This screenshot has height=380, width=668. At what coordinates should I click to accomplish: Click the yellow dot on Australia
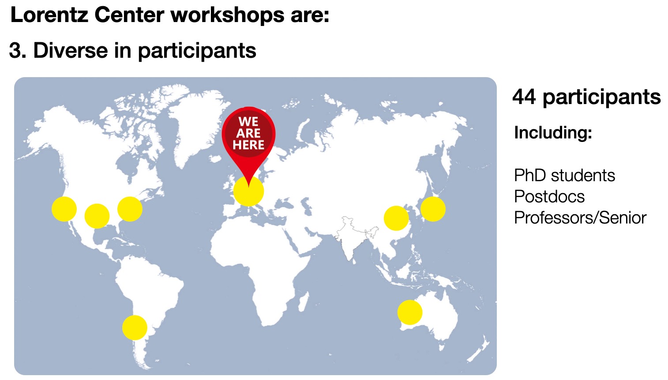pyautogui.click(x=410, y=313)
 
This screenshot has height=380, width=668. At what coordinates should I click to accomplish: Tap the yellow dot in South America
pyautogui.click(x=135, y=328)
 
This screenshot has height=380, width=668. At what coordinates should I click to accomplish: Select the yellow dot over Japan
pyautogui.click(x=433, y=209)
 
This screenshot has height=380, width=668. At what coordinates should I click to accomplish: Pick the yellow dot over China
pyautogui.click(x=396, y=218)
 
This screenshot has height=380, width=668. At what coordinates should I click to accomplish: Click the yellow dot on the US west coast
pyautogui.click(x=64, y=209)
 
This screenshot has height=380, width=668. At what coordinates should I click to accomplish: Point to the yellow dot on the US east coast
pyautogui.click(x=130, y=209)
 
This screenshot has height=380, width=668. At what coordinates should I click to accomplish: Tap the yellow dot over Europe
pyautogui.click(x=249, y=191)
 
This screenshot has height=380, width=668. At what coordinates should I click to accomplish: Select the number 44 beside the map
pyautogui.click(x=524, y=97)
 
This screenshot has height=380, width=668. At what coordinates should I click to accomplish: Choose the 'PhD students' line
pyautogui.click(x=564, y=175)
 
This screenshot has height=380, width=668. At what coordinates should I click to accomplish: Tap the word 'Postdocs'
pyautogui.click(x=549, y=197)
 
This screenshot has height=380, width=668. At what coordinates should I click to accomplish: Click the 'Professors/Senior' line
pyautogui.click(x=580, y=218)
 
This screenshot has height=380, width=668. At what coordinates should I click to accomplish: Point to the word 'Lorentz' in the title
pyautogui.click(x=49, y=15)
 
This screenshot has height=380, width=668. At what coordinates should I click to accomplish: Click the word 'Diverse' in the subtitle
pyautogui.click(x=71, y=50)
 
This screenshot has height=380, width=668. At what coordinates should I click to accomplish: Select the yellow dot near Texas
pyautogui.click(x=97, y=216)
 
